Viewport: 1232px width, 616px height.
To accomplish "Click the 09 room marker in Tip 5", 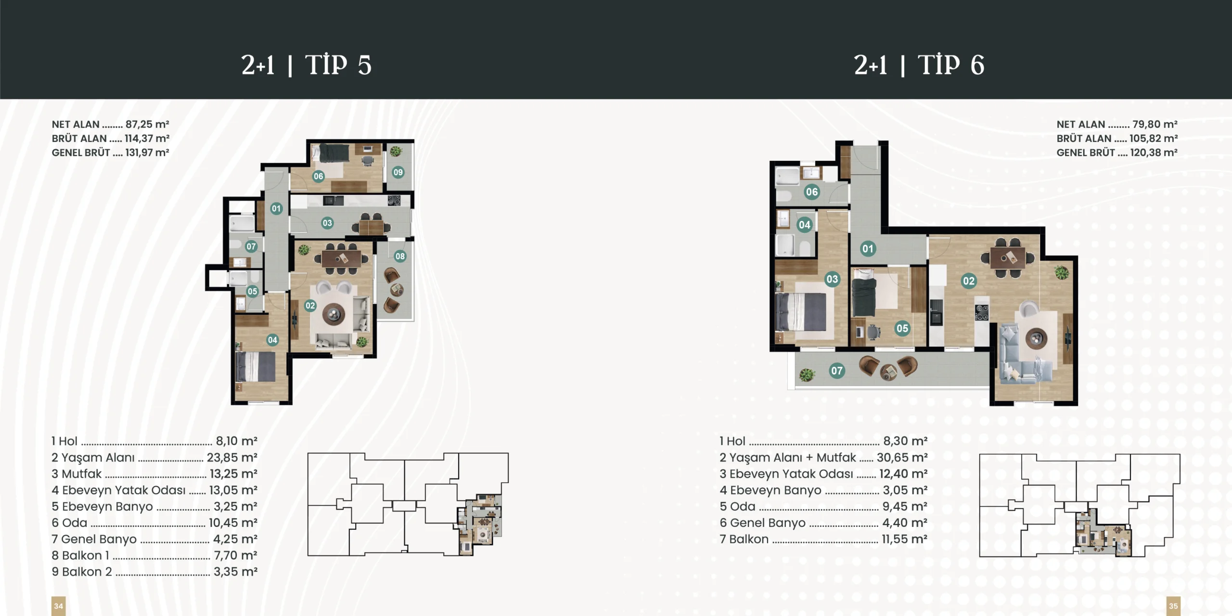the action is pos(398,172).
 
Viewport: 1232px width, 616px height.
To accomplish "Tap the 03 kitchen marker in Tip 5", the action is pos(327,223).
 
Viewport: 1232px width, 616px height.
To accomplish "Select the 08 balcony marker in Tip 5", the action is pos(400,256).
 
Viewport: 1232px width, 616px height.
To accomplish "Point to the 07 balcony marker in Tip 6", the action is pos(837,371).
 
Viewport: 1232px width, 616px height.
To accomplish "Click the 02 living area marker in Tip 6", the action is pos(969,281).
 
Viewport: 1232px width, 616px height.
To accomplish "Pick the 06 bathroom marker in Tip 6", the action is pos(812,192).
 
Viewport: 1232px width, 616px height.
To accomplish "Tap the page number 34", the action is pos(58,606).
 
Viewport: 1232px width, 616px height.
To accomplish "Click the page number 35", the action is pos(1173,606).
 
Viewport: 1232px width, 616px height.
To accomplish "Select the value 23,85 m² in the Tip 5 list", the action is pos(232,457).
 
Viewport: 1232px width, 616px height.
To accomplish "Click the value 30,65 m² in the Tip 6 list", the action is pos(902,457).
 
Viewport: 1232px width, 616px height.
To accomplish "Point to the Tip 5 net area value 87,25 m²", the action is pos(147,124).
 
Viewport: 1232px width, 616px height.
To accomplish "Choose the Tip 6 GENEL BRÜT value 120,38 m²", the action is pos(1154,153).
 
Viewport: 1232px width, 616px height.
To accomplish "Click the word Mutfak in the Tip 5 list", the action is pos(82,474).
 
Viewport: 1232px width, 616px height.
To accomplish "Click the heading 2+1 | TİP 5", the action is pos(307,65).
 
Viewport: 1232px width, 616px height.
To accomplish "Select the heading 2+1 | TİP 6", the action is pos(919,65).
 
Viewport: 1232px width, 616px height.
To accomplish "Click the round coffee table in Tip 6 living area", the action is pos(1036,338).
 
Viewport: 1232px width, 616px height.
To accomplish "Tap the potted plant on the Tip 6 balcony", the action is pos(807,374).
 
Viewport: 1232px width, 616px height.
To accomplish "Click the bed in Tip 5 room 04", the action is pos(256,367).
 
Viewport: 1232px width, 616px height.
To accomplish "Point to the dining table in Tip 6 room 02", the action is pos(1008,258).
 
